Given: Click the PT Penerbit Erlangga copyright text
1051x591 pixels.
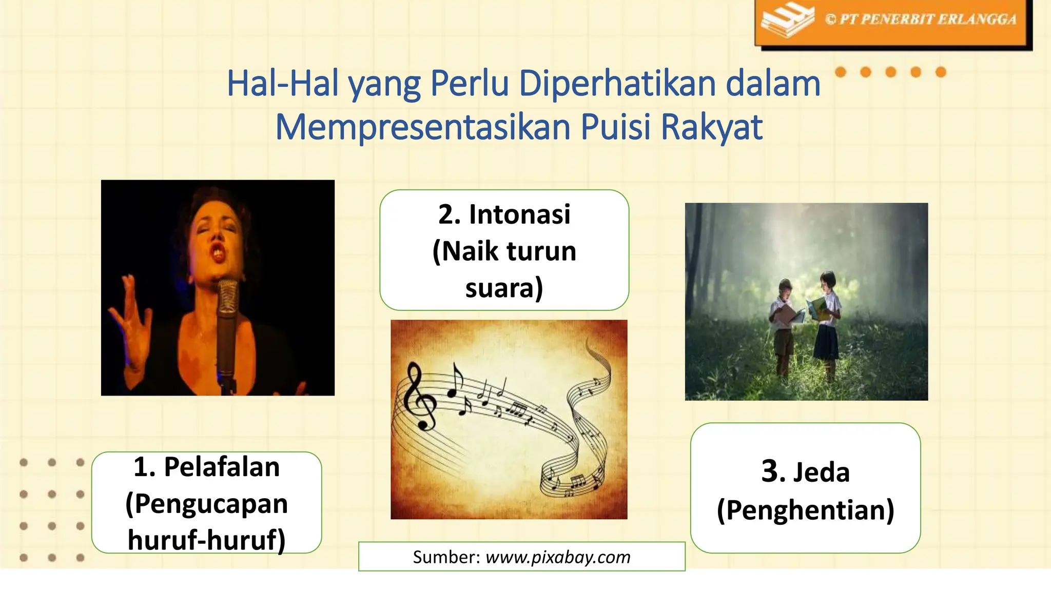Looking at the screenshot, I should pos(921,19).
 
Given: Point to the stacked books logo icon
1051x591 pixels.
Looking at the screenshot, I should pos(787,21).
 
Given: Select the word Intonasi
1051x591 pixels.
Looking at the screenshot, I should pos(519,214).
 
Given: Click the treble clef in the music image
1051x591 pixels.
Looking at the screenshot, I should pos(418,395).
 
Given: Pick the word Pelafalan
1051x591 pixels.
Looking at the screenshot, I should pos(222,467).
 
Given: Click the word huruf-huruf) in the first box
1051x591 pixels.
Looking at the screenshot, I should pos(206,540).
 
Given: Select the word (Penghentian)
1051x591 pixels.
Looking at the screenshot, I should pos(805,510).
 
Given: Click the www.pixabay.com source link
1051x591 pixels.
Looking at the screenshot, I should pos(558,557).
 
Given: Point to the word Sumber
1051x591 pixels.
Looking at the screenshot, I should pos(445,557).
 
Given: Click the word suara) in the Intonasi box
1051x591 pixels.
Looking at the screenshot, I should pos(504,288).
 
